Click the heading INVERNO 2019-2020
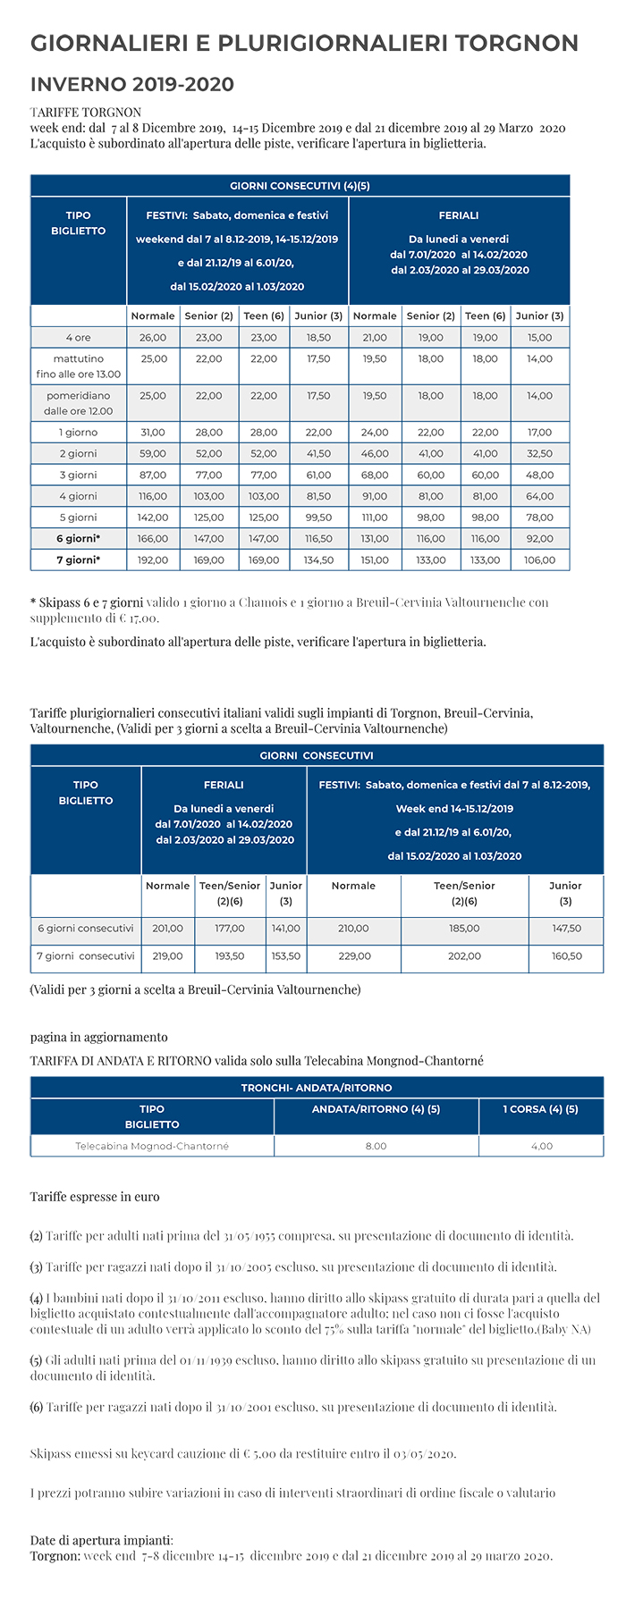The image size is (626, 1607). pyautogui.click(x=132, y=85)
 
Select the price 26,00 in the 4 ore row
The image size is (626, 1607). pyautogui.click(x=153, y=338)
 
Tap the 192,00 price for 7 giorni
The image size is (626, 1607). pyautogui.click(x=153, y=560)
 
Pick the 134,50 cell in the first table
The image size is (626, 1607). pyautogui.click(x=318, y=560)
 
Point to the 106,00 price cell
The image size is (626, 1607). pyautogui.click(x=539, y=560)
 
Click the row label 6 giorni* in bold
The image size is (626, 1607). pyautogui.click(x=78, y=539)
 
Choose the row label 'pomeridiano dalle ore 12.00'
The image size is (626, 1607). pyautogui.click(x=78, y=403)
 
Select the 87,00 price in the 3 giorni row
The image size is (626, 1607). pyautogui.click(x=153, y=475)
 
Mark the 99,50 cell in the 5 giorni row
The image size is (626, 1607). pyautogui.click(x=318, y=517)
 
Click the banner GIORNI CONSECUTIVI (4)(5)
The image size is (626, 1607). pyautogui.click(x=300, y=186)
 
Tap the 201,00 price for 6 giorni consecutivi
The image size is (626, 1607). pyautogui.click(x=167, y=929)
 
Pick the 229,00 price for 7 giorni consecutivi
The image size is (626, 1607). pyautogui.click(x=354, y=956)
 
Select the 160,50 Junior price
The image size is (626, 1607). pyautogui.click(x=566, y=956)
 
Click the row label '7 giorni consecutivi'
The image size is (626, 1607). pyautogui.click(x=86, y=956)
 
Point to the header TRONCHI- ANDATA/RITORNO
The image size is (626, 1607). pyautogui.click(x=317, y=1088)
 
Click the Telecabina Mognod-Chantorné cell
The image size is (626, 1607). pyautogui.click(x=152, y=1146)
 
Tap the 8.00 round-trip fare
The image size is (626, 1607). pyautogui.click(x=376, y=1146)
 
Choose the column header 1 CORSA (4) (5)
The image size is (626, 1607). pyautogui.click(x=540, y=1109)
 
